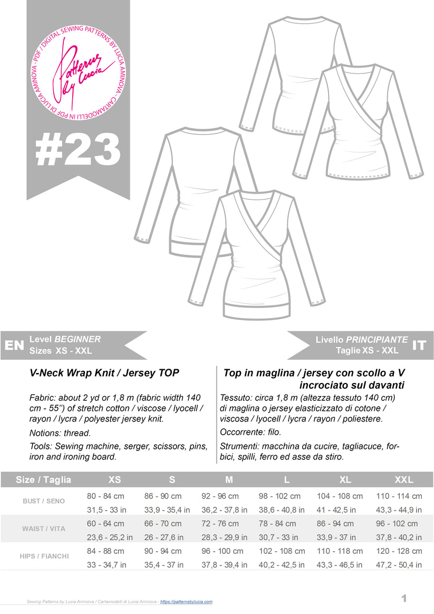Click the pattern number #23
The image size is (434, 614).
(x=78, y=150)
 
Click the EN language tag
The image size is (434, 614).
(x=14, y=346)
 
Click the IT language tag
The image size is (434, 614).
(x=419, y=346)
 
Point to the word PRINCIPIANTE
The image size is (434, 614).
(x=377, y=340)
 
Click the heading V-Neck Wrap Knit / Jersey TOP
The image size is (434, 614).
(x=104, y=373)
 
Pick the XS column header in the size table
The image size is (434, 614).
(x=114, y=480)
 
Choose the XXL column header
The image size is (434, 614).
(x=404, y=480)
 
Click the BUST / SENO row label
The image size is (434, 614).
(x=44, y=501)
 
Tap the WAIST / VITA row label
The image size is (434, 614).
(x=44, y=529)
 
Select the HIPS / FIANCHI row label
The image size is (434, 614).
(x=44, y=556)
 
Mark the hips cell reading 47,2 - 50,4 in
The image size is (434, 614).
(x=399, y=565)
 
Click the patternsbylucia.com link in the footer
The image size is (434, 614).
(x=186, y=602)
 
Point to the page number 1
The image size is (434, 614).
(x=404, y=598)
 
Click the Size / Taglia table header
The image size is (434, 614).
(x=43, y=480)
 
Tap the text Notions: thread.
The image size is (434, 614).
(x=61, y=433)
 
